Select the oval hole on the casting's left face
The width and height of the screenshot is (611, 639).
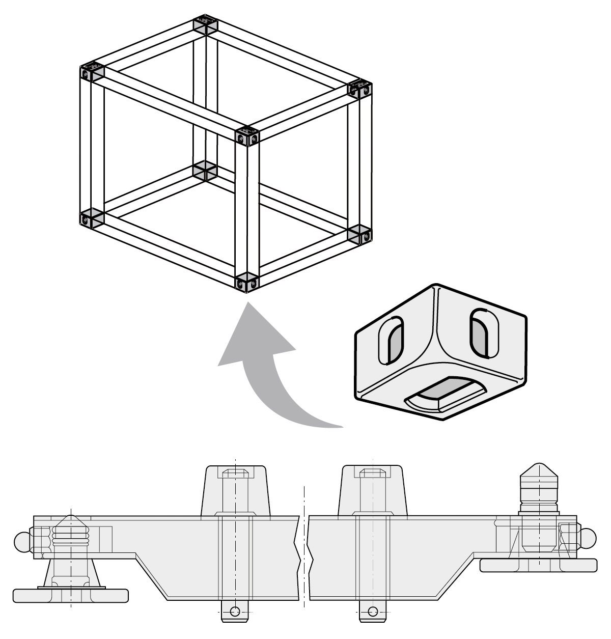coord(392,341)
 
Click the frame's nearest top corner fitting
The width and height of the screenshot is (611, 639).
coord(248,135)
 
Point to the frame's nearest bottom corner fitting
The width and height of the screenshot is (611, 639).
coord(248,282)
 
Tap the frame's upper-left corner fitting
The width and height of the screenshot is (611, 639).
coord(92,72)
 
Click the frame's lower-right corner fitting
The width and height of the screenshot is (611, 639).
coord(360,234)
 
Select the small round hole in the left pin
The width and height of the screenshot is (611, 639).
coord(234,612)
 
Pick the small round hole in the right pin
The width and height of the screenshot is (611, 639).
coord(373,612)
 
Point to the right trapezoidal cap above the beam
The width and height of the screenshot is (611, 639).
coord(373,491)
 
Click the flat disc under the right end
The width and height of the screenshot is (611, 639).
coord(538,565)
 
